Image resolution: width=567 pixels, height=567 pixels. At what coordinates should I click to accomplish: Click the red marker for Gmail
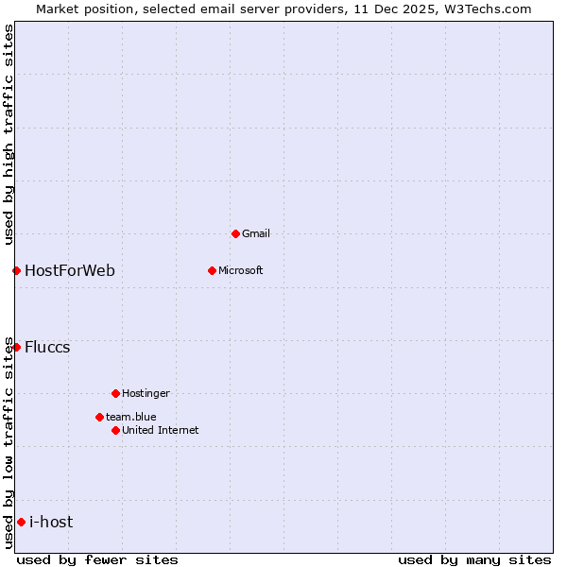(235, 233)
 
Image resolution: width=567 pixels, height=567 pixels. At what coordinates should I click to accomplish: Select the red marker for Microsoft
(212, 270)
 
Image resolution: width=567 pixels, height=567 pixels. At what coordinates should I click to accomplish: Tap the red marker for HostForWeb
(16, 270)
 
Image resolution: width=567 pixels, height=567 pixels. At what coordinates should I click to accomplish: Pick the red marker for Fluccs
(16, 347)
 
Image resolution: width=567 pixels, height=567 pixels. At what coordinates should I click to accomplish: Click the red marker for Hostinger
(115, 393)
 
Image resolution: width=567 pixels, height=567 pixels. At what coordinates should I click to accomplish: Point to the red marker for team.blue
(99, 417)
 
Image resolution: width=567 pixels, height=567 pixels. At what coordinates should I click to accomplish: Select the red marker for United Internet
(115, 430)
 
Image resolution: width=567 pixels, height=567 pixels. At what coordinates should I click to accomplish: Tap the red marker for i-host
(21, 522)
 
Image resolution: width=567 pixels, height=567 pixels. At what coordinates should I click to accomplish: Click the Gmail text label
(256, 233)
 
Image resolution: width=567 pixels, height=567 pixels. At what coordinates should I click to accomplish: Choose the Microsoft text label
(241, 270)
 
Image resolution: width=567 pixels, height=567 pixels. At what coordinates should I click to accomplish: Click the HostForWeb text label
(70, 270)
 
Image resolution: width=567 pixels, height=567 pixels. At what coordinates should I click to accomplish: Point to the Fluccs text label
(47, 347)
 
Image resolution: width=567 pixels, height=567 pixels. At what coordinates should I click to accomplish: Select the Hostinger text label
(146, 393)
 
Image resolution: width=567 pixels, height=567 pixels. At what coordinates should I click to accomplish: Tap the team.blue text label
(131, 417)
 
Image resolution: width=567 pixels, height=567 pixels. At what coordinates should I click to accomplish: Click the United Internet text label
(161, 430)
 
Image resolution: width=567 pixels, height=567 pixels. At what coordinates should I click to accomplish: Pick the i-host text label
(51, 522)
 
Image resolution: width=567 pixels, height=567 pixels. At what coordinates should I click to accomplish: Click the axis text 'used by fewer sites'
(97, 559)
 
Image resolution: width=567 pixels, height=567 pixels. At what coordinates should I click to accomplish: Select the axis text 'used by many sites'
(474, 559)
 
